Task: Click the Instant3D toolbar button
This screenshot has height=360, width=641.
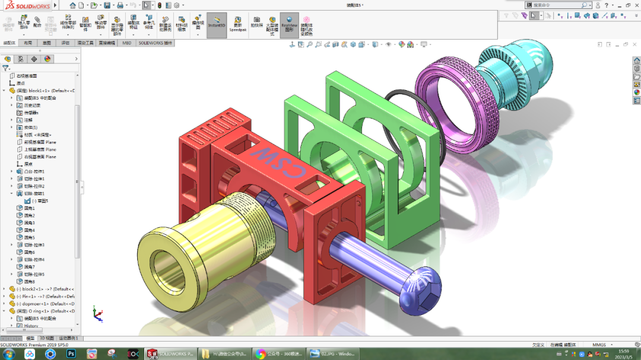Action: tap(217, 23)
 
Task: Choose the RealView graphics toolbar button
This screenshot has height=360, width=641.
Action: tap(289, 24)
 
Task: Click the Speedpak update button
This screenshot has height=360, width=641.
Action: tap(238, 24)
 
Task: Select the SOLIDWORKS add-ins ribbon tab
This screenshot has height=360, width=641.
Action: tap(155, 43)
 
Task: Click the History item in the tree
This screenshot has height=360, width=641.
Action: tap(31, 326)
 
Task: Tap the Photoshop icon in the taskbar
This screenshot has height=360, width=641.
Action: tap(71, 353)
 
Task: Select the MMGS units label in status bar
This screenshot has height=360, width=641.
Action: tap(599, 345)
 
